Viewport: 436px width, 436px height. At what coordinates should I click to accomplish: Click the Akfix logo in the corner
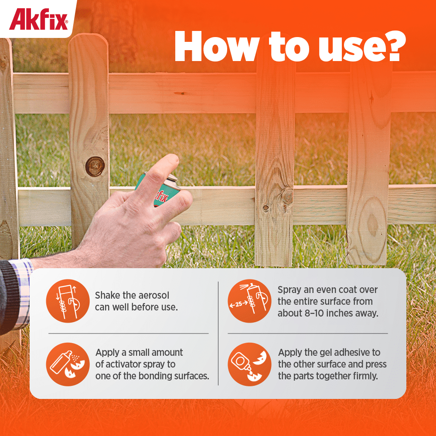point(38,19)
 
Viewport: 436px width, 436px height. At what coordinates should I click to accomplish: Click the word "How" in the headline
point(216,47)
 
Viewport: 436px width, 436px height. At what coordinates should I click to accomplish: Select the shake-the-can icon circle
point(68,301)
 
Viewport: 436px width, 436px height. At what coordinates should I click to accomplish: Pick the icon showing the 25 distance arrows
point(249,301)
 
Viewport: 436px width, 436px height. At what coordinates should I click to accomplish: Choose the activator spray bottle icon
point(68,364)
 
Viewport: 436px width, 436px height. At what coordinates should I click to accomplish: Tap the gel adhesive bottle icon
point(249,364)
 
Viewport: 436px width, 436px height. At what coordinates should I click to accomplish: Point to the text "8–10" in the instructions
point(314,313)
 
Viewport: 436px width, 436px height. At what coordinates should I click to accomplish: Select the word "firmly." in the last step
point(365,376)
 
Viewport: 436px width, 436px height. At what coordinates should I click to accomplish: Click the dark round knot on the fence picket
point(95,166)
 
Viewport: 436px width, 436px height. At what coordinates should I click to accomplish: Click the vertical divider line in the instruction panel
point(218,334)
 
